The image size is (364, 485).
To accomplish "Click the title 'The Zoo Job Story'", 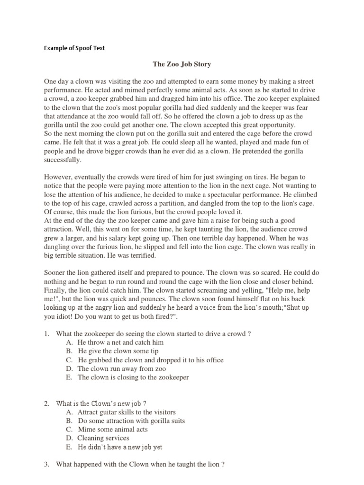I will click(182, 64).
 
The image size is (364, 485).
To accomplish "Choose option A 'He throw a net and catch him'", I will click(120, 342).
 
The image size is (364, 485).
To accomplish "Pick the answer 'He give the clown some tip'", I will click(118, 351).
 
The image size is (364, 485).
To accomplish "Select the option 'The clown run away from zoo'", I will click(122, 368).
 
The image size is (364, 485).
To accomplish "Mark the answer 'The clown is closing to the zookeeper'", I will click(133, 377).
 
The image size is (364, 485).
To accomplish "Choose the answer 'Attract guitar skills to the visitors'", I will click(127, 412).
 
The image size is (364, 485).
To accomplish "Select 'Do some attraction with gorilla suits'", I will click(131, 421).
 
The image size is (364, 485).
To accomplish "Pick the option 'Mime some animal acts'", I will click(113, 429).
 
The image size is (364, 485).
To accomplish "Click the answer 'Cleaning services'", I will click(103, 438).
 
